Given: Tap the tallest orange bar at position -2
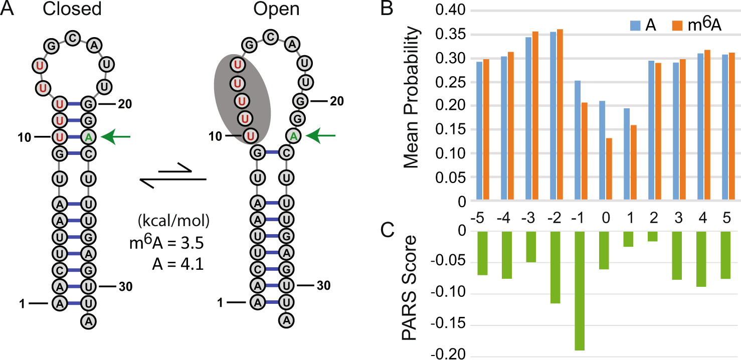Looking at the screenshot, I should (560, 115).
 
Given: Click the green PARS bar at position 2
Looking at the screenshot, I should (653, 236).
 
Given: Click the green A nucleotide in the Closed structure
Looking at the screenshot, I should (89, 136).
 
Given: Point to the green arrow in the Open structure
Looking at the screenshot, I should (320, 135).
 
